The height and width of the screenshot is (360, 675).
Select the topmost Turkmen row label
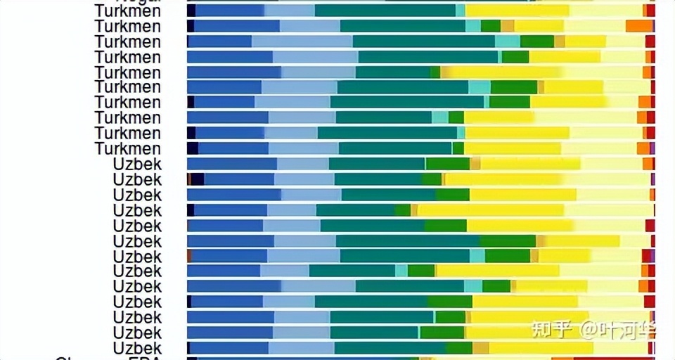tap(128, 11)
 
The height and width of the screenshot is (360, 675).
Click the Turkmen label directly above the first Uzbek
tap(128, 148)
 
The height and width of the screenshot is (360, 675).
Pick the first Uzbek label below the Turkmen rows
tap(137, 164)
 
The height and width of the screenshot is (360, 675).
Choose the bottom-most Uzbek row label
tap(137, 348)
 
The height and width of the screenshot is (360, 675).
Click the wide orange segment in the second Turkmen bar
tap(639, 26)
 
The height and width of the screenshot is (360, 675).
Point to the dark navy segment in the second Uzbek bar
tap(198, 179)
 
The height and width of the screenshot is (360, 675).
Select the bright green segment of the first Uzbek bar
tap(447, 164)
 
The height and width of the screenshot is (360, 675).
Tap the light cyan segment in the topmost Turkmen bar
tap(461, 11)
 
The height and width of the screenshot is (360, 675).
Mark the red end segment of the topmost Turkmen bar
tap(651, 11)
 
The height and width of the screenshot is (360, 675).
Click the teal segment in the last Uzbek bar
tap(390, 348)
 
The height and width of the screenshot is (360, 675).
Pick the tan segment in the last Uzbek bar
tap(480, 348)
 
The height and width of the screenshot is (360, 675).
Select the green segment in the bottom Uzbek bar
tap(459, 348)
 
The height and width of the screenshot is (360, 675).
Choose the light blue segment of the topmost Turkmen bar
tap(290, 11)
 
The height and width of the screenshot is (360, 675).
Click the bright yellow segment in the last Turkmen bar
tap(513, 148)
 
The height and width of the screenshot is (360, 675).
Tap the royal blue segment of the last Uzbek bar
tap(229, 348)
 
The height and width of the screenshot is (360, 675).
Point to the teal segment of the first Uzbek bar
tap(377, 164)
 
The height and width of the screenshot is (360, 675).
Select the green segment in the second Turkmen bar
tap(491, 26)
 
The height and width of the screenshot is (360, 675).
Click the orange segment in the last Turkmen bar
tap(643, 148)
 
